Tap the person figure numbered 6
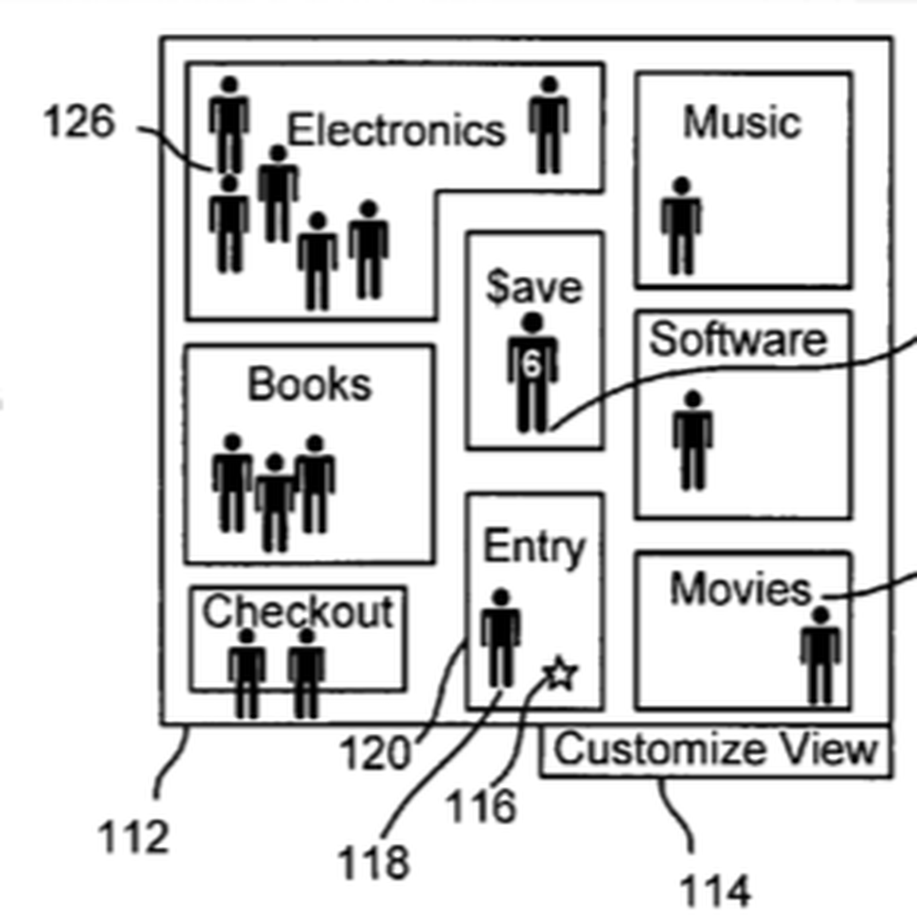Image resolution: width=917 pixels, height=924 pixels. [x=532, y=373]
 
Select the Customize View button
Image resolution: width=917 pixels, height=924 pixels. [x=715, y=750]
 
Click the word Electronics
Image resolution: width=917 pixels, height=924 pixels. [x=396, y=130]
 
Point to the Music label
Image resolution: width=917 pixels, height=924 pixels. [x=742, y=123]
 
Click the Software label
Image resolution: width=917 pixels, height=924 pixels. [x=738, y=340]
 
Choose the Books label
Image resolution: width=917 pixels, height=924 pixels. [x=309, y=384]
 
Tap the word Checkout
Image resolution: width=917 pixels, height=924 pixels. [x=298, y=611]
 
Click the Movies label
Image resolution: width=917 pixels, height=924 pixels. [x=741, y=589]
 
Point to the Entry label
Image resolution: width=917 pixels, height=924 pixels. [x=534, y=547]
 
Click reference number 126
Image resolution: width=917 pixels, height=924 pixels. [x=79, y=122]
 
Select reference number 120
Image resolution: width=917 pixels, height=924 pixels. [x=375, y=753]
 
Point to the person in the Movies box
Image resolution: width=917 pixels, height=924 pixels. [x=821, y=656]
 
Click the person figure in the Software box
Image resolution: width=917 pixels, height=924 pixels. [x=693, y=440]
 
